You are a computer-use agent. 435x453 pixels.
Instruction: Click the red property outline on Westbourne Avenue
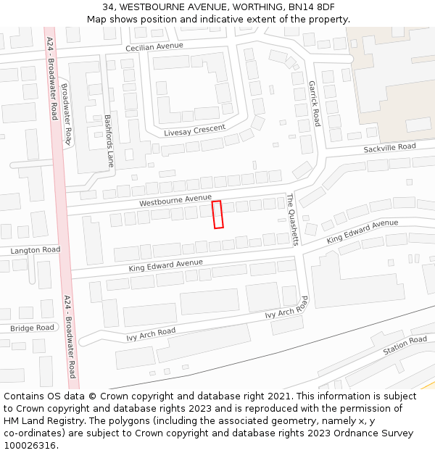(x=217, y=215)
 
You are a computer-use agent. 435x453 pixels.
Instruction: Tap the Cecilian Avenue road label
(x=154, y=46)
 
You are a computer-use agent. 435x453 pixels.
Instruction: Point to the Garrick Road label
(x=314, y=104)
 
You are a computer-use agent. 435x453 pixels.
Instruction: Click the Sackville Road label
(x=389, y=147)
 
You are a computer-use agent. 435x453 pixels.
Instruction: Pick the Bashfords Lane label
(x=109, y=140)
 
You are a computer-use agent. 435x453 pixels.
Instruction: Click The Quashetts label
(x=291, y=220)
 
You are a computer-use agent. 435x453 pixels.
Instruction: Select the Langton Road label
(x=35, y=250)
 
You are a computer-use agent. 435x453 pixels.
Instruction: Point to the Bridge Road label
(x=33, y=328)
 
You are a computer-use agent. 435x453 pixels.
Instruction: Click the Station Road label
(x=405, y=344)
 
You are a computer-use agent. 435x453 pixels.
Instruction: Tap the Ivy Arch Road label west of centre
(x=151, y=334)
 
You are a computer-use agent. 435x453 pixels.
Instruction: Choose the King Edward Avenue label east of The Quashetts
(x=362, y=231)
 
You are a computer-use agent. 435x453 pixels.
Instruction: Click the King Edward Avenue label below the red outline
(x=166, y=265)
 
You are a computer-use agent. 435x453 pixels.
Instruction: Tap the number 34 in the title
(x=109, y=7)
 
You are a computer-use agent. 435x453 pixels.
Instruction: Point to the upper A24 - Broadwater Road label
(x=52, y=78)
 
